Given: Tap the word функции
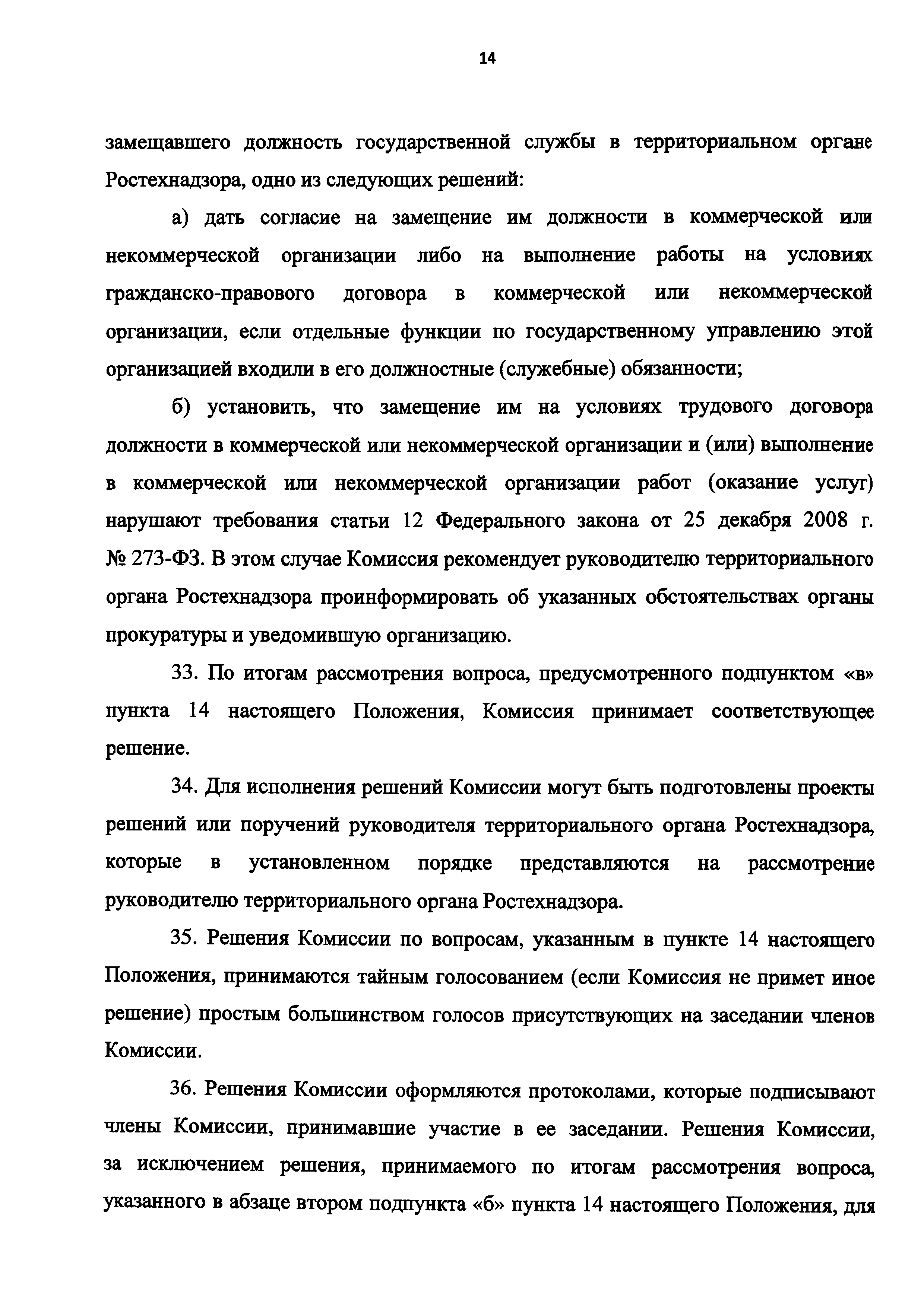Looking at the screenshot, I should pyautogui.click(x=438, y=331).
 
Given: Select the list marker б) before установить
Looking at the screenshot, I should pyautogui.click(x=182, y=407).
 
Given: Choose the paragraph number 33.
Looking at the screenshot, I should pyautogui.click(x=184, y=673).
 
